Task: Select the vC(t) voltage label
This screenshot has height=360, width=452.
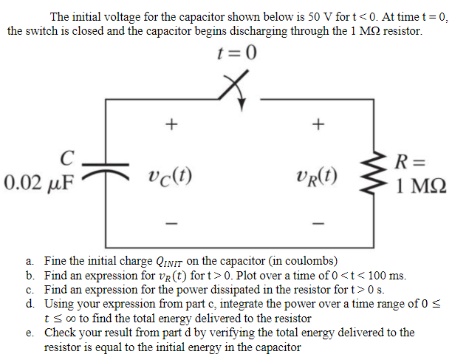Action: (x=171, y=177)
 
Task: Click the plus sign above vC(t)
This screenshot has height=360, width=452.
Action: (x=171, y=125)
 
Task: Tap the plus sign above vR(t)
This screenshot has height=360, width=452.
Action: (x=318, y=125)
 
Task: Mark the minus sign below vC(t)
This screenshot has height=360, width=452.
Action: (x=171, y=222)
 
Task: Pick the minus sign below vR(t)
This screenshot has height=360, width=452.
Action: (x=318, y=222)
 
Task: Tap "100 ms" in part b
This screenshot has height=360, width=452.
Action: (x=386, y=276)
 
